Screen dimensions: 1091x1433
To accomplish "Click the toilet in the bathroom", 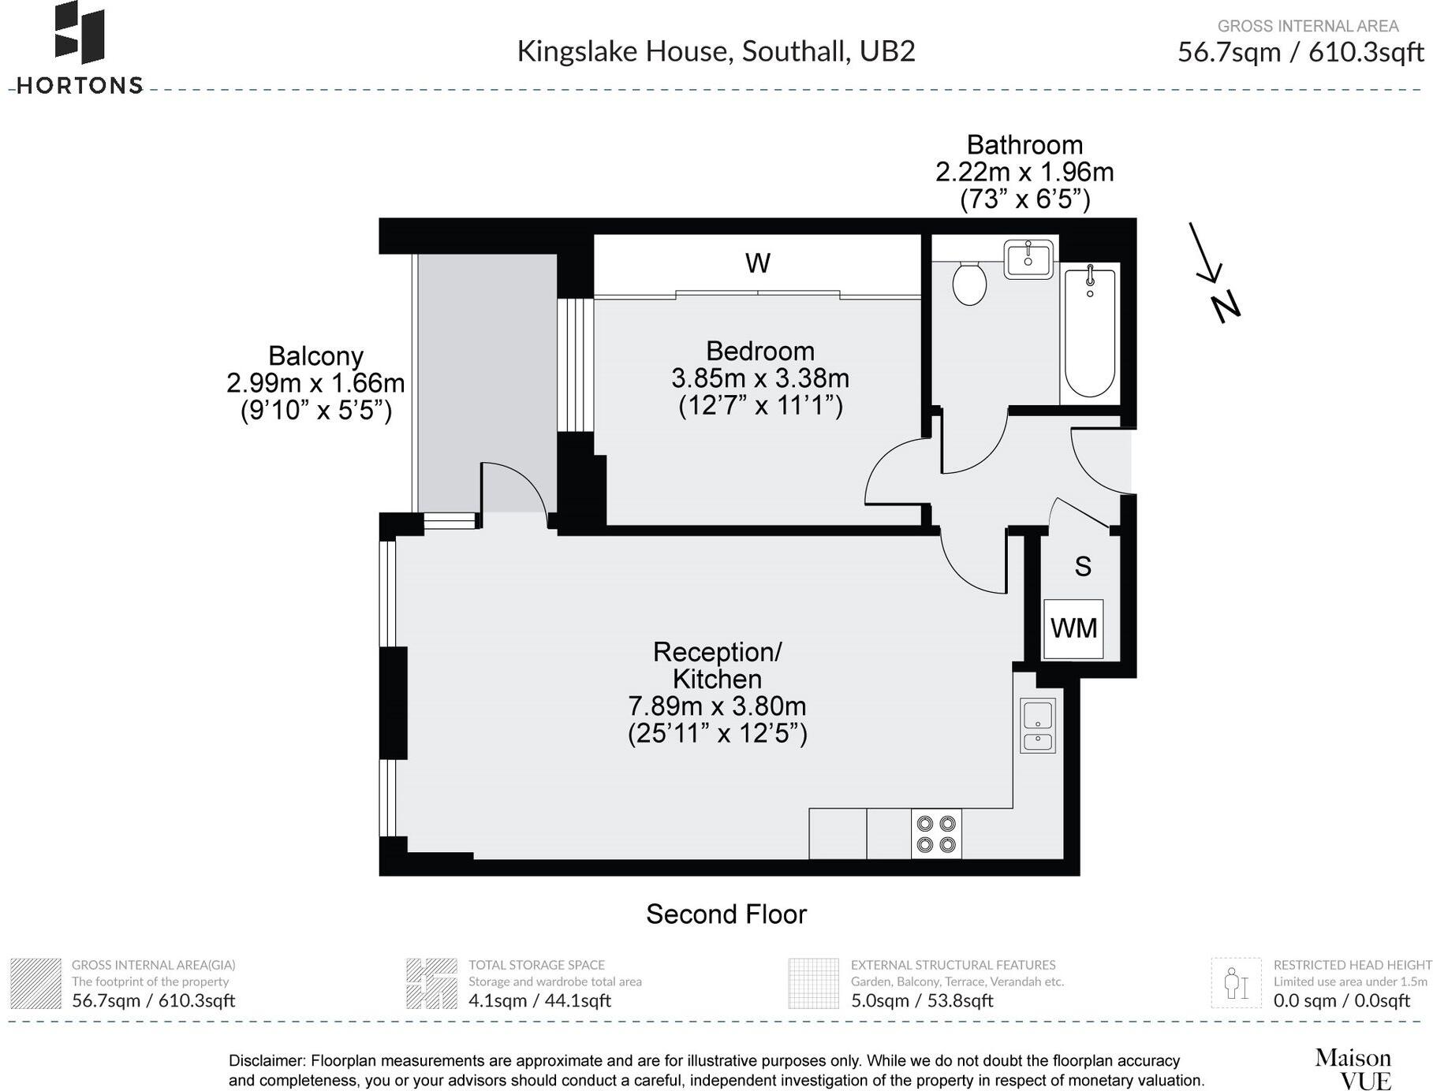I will pos(969,284).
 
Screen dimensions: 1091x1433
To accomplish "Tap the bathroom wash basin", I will pos(1028,259).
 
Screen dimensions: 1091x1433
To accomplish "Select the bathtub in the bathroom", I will pos(1090,332).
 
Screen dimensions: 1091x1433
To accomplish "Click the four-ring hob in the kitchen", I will pos(936,834).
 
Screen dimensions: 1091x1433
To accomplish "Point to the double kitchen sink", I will pos(1037,725).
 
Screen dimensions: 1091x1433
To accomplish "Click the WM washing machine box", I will pos(1073,629).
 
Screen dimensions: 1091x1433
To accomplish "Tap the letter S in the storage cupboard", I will pos(1083,566).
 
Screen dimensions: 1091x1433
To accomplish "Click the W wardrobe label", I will pos(757,263).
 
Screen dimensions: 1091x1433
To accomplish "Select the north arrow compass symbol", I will pos(1215,273).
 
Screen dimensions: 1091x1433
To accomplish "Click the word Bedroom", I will pos(759,351).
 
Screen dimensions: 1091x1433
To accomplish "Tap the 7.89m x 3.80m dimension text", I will pos(716,706).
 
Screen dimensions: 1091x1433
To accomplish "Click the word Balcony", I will pos(315,356).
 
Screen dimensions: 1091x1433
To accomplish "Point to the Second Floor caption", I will pos(726,914).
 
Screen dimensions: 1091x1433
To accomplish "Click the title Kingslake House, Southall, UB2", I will pos(715,51).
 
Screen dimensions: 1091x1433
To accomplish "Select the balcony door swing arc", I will pos(517,489).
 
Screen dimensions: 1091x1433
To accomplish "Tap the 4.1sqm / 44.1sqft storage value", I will pos(539,1000).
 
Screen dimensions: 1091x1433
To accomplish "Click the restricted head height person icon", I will pos(1235,983).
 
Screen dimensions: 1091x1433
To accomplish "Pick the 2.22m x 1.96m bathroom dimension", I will pos(1024,172).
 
